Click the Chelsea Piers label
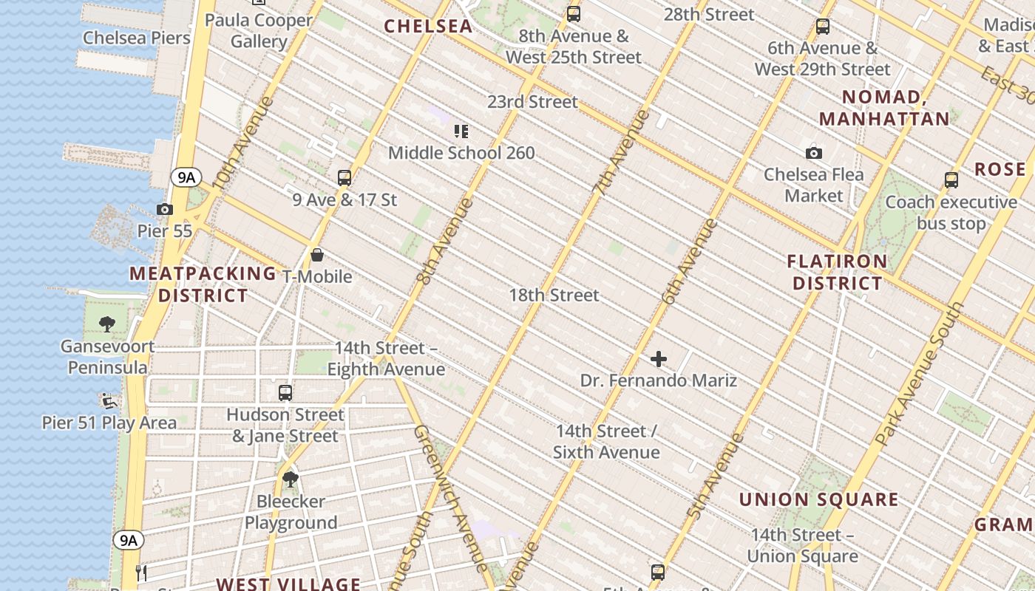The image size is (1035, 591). [136, 38]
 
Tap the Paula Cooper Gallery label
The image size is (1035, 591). [258, 30]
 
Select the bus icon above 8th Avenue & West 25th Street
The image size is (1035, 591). [573, 14]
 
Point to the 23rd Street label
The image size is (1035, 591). [532, 102]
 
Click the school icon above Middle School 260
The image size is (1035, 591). [461, 131]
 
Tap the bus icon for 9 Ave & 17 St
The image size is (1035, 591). [345, 178]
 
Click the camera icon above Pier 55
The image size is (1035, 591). [165, 210]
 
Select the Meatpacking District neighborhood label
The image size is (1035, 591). [203, 284]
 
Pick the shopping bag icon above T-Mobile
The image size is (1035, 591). [317, 256]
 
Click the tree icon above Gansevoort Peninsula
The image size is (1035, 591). [107, 324]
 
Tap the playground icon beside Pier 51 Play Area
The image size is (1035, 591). [109, 401]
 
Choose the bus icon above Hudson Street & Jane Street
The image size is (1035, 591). [285, 393]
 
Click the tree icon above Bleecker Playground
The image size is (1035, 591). [291, 479]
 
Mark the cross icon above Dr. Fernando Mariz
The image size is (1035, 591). [658, 360]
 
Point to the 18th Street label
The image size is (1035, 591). [554, 295]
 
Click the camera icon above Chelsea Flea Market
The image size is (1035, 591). [814, 154]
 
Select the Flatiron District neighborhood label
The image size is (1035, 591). [838, 273]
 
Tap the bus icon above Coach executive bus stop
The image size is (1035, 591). [951, 180]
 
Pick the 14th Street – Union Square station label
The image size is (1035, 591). [803, 545]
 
